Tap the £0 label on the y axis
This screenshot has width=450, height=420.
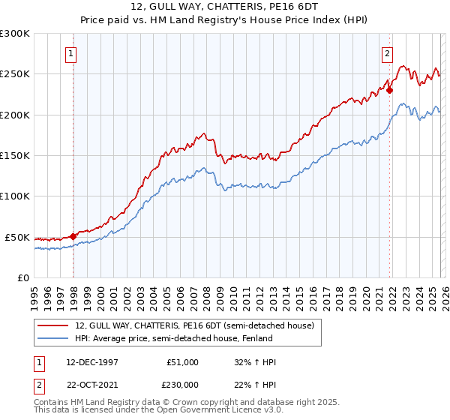pyautogui.click(x=23, y=277)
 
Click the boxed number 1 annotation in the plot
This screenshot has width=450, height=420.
pyautogui.click(x=70, y=53)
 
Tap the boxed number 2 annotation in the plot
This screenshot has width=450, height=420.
pyautogui.click(x=387, y=53)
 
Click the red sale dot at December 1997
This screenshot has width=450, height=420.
pyautogui.click(x=73, y=235)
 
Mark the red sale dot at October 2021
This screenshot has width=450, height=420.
pyautogui.click(x=390, y=90)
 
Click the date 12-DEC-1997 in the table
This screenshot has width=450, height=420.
pyautogui.click(x=92, y=362)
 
